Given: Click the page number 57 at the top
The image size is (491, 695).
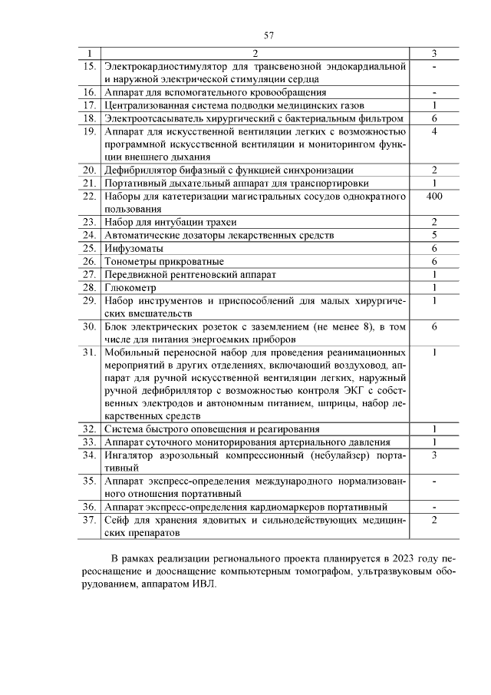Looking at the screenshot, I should click(269, 35).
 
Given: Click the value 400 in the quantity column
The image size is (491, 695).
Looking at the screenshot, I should click(434, 197).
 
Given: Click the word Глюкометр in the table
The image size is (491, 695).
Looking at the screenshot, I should click(131, 287).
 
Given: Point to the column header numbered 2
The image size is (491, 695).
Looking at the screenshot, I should click(255, 54).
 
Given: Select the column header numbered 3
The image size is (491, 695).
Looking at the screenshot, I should click(434, 54).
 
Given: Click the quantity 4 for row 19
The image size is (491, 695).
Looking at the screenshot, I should click(434, 131).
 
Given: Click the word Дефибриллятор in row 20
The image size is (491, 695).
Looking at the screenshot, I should click(145, 170).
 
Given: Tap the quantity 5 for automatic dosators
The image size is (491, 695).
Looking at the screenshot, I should click(434, 235).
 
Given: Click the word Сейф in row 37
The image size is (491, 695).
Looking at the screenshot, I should click(117, 520).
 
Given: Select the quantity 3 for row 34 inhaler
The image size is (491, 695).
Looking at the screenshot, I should click(434, 455).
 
